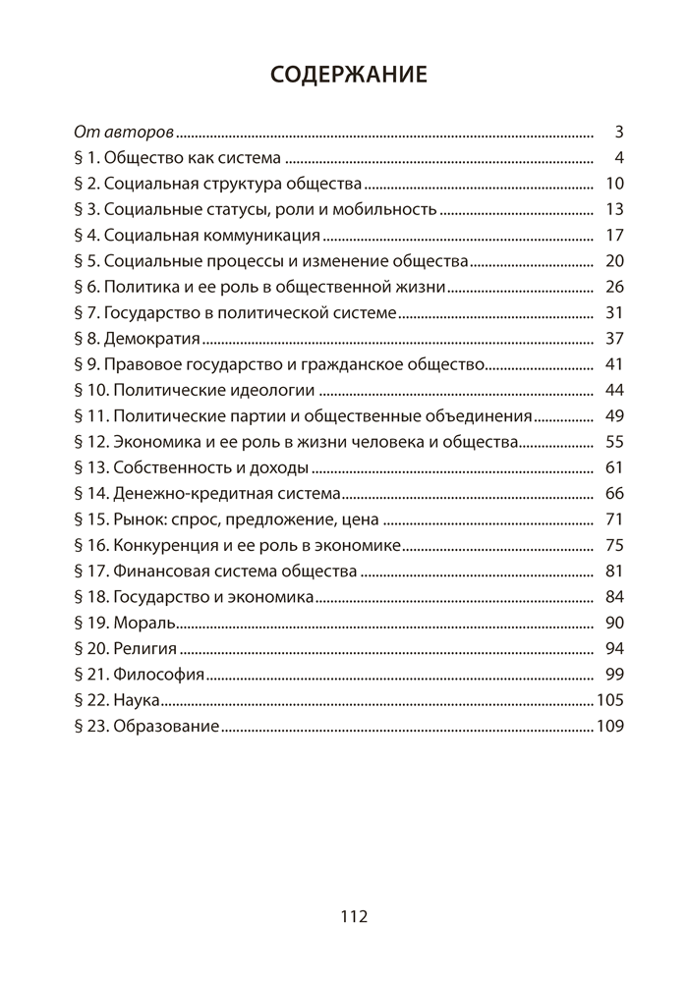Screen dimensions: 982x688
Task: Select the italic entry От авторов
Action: [124, 132]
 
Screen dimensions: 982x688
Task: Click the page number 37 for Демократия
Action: [616, 339]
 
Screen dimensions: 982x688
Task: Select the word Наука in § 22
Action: [137, 700]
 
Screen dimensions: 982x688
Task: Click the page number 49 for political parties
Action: [616, 415]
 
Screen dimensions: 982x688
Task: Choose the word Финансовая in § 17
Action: [157, 571]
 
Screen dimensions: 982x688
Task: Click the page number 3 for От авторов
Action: [620, 132]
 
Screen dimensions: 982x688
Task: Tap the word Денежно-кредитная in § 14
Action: [183, 493]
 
